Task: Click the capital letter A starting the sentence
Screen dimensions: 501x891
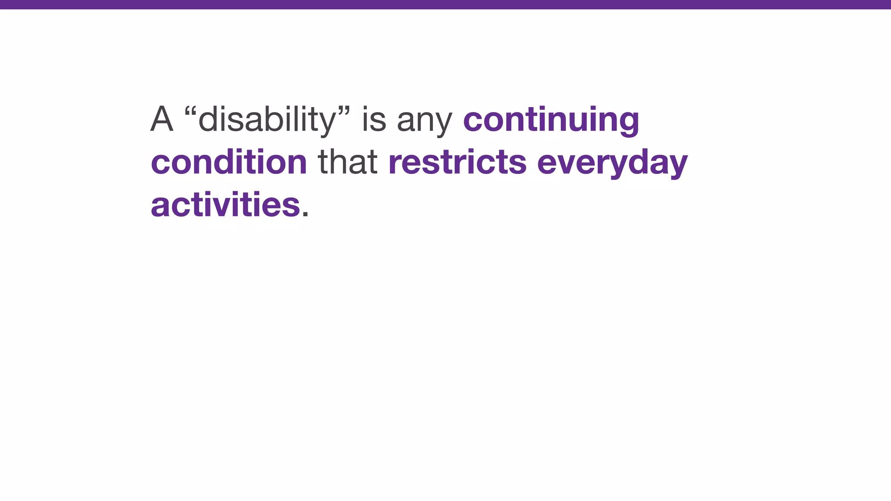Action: tap(162, 119)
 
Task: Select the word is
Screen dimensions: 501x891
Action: tap(374, 119)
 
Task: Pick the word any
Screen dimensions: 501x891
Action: tap(425, 122)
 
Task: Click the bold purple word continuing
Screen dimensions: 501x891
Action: tap(551, 119)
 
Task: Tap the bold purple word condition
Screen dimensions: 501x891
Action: tap(229, 162)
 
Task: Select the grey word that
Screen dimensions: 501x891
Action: tap(348, 162)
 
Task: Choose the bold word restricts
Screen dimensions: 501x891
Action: tap(457, 162)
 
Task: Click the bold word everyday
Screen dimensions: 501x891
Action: tap(612, 164)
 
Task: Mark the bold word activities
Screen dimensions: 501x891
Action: tap(225, 204)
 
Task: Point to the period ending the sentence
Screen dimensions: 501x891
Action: tap(305, 214)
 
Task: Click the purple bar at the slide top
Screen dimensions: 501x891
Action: tap(445, 4)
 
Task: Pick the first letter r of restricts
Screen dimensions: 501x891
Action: tap(394, 164)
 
